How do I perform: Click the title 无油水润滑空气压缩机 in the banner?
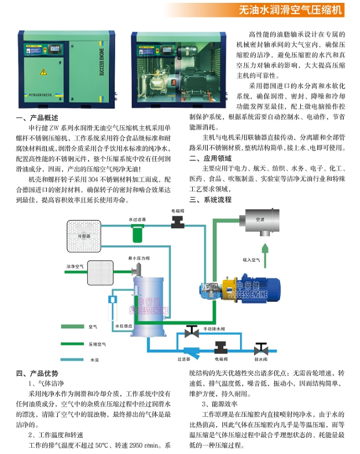click(291, 10)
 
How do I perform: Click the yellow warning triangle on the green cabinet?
click(42, 72)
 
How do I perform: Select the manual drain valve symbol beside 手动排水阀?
click(189, 332)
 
